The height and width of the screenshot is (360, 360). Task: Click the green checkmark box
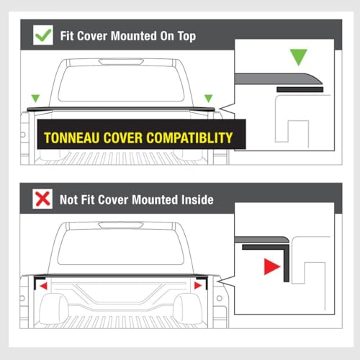[43, 35]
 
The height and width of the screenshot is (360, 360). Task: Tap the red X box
[42, 199]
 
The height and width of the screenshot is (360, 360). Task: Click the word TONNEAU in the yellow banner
[72, 138]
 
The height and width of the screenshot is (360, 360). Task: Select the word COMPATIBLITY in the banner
[189, 138]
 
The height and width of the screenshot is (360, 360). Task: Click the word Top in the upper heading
[186, 36]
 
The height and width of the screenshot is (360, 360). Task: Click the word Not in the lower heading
[69, 199]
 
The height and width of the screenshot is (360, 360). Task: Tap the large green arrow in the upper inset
[298, 57]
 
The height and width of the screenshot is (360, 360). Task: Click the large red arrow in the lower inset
[272, 266]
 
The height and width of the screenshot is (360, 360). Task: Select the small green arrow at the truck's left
[35, 99]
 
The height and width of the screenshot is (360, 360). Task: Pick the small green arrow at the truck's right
[209, 99]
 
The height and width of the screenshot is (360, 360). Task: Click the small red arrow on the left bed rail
[44, 286]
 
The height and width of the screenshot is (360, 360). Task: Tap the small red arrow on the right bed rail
[198, 285]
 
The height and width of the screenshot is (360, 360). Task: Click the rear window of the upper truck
[121, 84]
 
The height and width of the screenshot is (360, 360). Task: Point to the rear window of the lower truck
[121, 247]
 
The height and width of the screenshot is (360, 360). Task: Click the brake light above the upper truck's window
[121, 62]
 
